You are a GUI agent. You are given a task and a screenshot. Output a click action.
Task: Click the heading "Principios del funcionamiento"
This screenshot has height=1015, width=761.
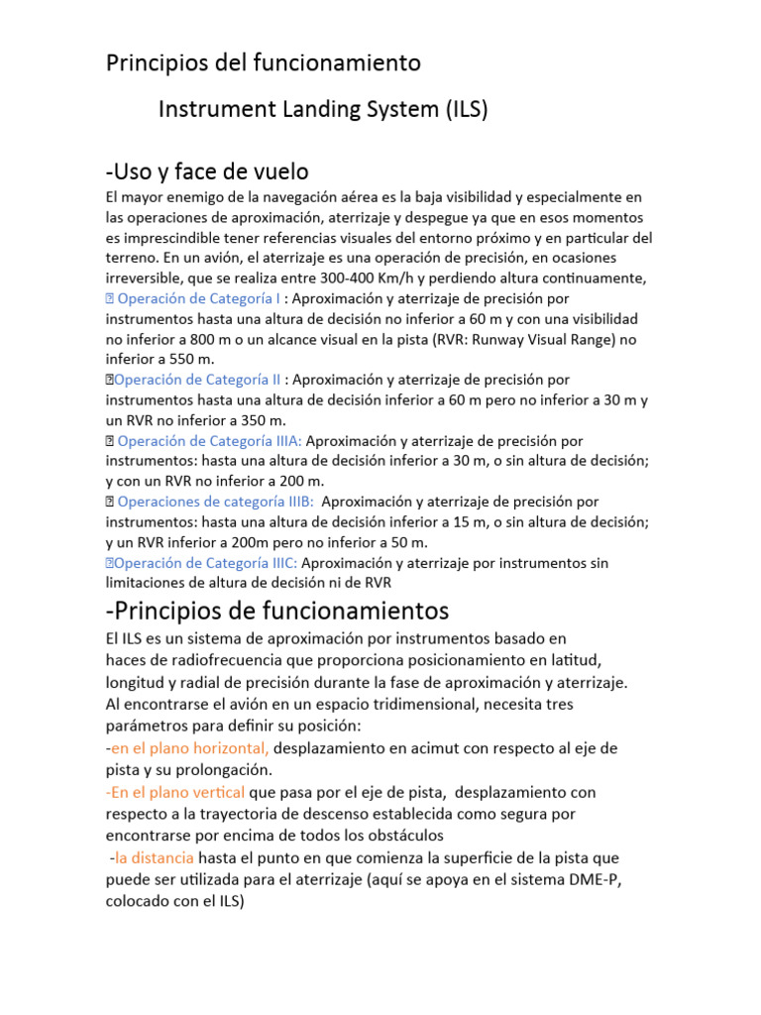263,62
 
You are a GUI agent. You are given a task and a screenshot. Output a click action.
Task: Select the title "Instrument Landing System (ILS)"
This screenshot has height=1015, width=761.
323,110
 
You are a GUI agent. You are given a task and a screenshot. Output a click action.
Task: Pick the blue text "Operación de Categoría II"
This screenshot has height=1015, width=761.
198,379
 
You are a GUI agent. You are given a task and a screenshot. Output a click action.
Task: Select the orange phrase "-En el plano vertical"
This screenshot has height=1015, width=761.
175,793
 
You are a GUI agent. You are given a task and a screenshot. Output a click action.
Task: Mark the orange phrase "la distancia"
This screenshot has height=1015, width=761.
155,856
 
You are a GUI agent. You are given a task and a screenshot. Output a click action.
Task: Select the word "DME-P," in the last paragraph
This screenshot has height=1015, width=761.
600,879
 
